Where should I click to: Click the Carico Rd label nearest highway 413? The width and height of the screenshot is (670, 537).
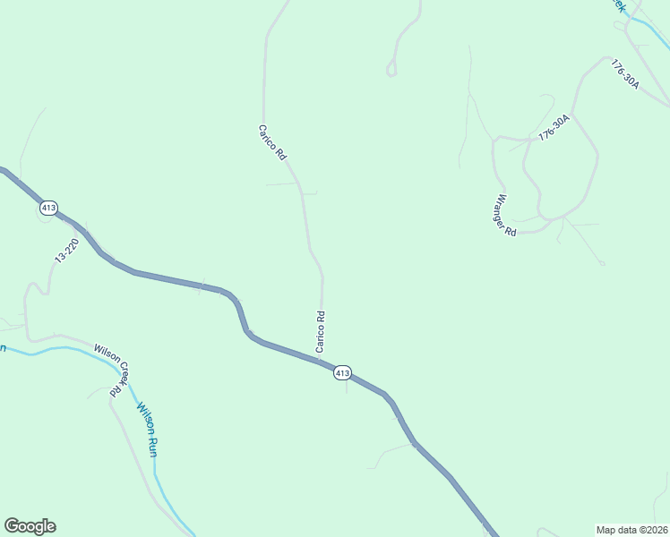point(320,330)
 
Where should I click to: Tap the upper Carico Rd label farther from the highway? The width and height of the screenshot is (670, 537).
point(272,142)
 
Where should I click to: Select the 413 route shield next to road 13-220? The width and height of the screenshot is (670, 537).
point(48,208)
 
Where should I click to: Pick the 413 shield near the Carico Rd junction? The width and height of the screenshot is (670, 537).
point(342,372)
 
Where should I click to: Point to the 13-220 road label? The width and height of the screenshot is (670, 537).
point(67,250)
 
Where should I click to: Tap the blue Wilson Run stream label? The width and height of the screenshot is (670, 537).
point(147,430)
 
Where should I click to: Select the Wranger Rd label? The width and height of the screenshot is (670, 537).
point(506,216)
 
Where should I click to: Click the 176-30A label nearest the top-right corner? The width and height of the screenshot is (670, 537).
point(624,74)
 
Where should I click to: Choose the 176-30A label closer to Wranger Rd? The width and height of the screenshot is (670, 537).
point(554,127)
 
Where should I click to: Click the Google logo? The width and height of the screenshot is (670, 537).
point(30,526)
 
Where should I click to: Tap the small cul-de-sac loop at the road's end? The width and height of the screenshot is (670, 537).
point(391,69)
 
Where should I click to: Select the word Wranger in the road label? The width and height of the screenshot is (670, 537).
point(502,209)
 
